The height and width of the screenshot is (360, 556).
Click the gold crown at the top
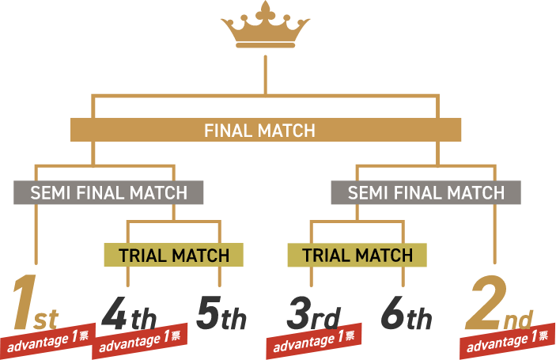tap(265, 28)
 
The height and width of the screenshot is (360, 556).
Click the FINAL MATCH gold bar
tap(265, 131)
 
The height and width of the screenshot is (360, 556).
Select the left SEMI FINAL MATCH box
tap(108, 192)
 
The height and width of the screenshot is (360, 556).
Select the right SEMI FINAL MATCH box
tap(426, 192)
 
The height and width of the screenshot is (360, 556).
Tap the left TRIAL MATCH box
tap(173, 256)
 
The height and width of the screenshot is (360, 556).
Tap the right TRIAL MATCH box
tap(357, 256)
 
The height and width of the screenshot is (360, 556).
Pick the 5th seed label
tap(221, 315)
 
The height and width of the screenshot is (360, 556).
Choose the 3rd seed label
tap(312, 315)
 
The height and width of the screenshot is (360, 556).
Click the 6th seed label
tap(405, 315)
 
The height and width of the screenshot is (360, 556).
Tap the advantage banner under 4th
tap(141, 340)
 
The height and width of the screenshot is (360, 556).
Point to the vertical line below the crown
tap(265, 75)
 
